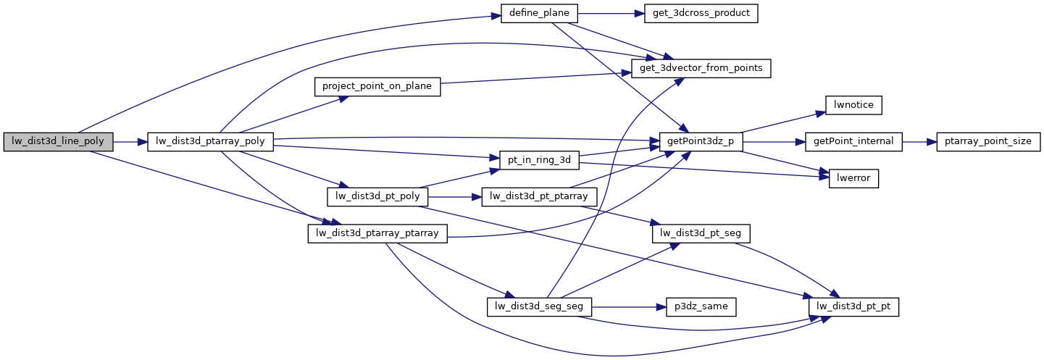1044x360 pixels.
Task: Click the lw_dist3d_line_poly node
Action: pyautogui.click(x=58, y=142)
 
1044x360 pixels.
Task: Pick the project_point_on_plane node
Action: pyautogui.click(x=377, y=87)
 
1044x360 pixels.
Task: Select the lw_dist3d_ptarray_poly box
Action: pyautogui.click(x=210, y=142)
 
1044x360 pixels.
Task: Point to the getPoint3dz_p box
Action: pyautogui.click(x=701, y=142)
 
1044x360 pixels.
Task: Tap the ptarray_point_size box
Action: pyautogui.click(x=989, y=142)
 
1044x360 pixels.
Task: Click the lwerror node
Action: pyautogui.click(x=853, y=179)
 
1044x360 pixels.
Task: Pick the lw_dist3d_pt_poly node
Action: pyautogui.click(x=378, y=196)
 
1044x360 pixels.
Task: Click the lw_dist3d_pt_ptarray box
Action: pyautogui.click(x=539, y=196)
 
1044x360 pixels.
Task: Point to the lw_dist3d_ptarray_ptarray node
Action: pyautogui.click(x=377, y=233)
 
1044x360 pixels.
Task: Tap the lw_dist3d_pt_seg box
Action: pyautogui.click(x=701, y=233)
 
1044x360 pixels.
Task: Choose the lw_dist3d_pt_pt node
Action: pyautogui.click(x=853, y=306)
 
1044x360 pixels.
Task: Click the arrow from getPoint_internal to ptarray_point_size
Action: pyautogui.click(x=919, y=142)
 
